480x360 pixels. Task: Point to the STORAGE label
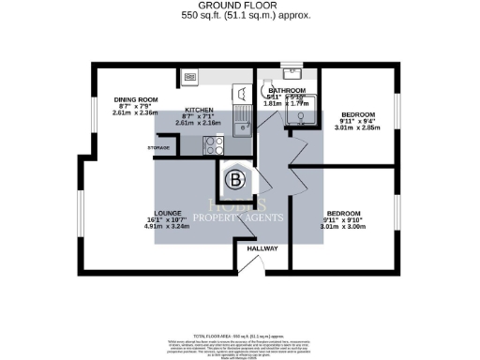[157, 148]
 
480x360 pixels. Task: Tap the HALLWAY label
[262, 248]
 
